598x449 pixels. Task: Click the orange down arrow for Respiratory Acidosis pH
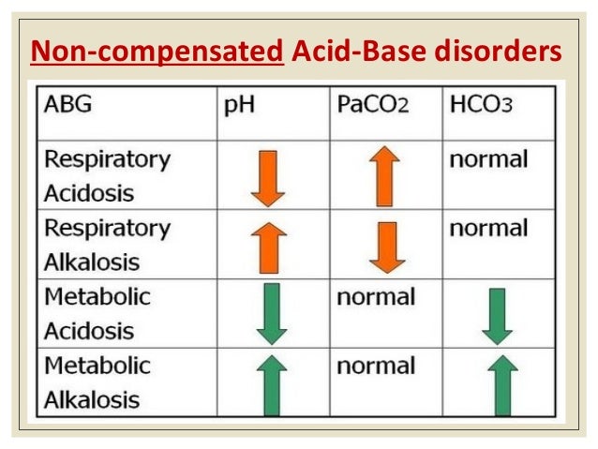268,179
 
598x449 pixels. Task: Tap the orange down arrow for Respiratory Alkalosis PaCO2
383,247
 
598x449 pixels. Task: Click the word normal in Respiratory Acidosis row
488,158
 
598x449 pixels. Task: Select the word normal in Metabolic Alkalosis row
375,367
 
